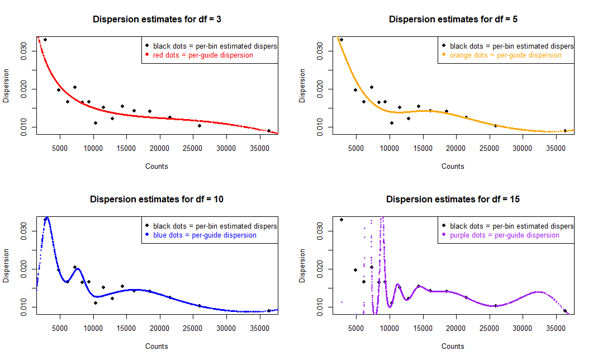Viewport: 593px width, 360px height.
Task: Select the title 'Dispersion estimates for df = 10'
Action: pos(156,199)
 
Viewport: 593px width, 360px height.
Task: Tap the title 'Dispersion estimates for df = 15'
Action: pos(453,199)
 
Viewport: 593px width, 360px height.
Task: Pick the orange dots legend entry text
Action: pos(505,55)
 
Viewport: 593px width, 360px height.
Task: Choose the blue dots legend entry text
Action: pos(205,235)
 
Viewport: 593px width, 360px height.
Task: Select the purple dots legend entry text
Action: pos(504,235)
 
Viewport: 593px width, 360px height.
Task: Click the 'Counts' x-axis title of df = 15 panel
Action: pos(453,346)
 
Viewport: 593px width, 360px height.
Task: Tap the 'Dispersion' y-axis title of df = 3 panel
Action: pos(7,86)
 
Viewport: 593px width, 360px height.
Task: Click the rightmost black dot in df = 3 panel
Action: pos(269,131)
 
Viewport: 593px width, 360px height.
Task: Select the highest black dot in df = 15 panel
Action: pos(341,220)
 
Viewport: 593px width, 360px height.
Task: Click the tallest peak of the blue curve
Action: pos(47,218)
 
